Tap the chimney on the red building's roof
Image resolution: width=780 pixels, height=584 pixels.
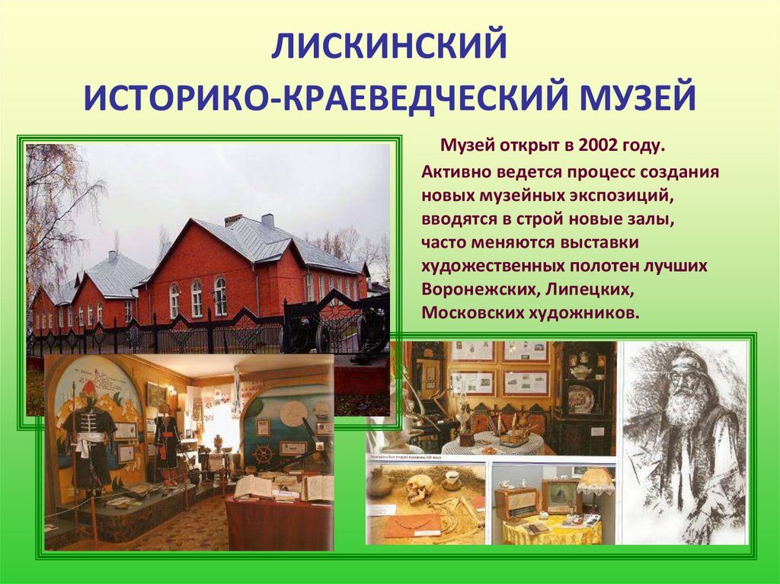pyautogui.click(x=267, y=220)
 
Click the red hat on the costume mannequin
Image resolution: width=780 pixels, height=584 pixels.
pyautogui.click(x=90, y=388)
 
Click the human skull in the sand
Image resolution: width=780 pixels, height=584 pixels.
pyautogui.click(x=417, y=490)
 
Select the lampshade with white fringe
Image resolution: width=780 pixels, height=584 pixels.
pyautogui.click(x=595, y=480)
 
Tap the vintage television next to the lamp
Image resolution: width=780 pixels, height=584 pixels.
pyautogui.click(x=561, y=496)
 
